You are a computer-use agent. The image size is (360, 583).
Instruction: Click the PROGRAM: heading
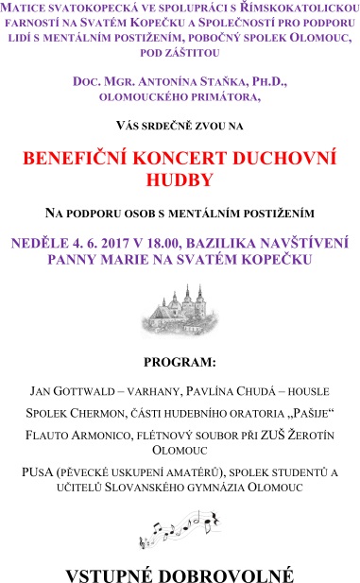point(180,362)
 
